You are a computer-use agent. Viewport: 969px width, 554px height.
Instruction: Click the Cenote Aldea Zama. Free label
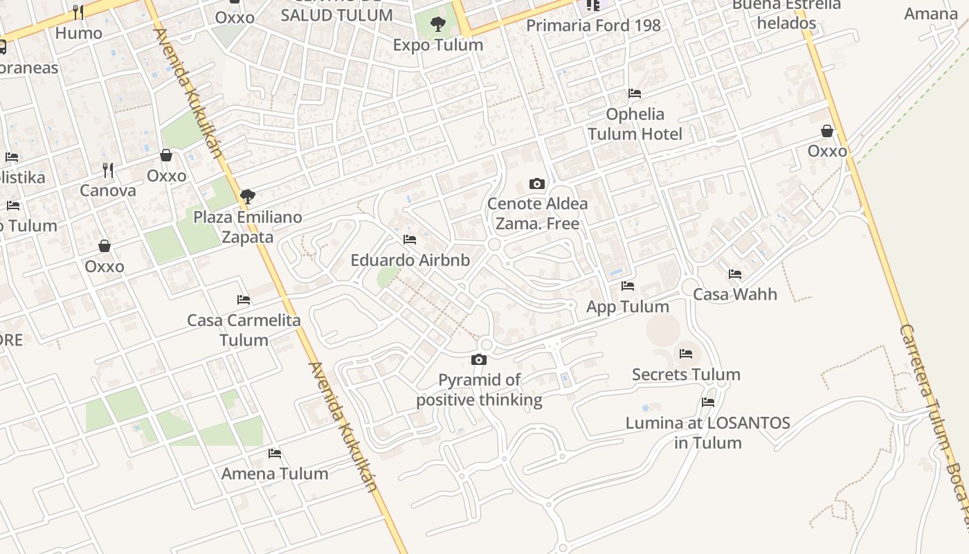pyautogui.click(x=537, y=213)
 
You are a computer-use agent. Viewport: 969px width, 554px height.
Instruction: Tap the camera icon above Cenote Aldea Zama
pyautogui.click(x=536, y=184)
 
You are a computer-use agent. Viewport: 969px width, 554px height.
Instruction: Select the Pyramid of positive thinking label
pyautogui.click(x=479, y=390)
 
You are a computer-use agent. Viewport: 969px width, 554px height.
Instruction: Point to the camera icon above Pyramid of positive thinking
pyautogui.click(x=478, y=359)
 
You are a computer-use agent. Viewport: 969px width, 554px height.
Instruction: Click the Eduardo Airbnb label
pyautogui.click(x=410, y=260)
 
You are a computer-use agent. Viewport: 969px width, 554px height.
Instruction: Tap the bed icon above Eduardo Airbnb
pyautogui.click(x=410, y=240)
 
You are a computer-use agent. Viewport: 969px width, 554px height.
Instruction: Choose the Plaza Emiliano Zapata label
pyautogui.click(x=247, y=227)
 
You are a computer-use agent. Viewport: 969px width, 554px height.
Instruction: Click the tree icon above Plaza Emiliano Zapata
pyautogui.click(x=247, y=196)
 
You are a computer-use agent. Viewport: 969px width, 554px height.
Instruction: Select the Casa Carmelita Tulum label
pyautogui.click(x=244, y=330)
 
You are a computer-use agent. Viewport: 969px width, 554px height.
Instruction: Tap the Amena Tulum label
pyautogui.click(x=275, y=474)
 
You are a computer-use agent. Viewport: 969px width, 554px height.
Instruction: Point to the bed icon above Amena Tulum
pyautogui.click(x=275, y=454)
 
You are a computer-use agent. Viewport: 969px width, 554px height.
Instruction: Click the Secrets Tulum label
pyautogui.click(x=686, y=375)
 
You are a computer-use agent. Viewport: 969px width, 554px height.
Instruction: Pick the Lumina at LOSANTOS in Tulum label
pyautogui.click(x=707, y=433)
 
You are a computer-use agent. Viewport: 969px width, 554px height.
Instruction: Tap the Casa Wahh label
pyautogui.click(x=735, y=294)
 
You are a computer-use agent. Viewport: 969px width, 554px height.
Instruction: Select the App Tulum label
pyautogui.click(x=628, y=307)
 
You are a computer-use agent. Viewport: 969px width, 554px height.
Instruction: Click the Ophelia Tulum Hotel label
pyautogui.click(x=635, y=124)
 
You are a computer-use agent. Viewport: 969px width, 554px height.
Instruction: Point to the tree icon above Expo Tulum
pyautogui.click(x=437, y=25)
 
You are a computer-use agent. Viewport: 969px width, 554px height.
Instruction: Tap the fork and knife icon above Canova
pyautogui.click(x=108, y=170)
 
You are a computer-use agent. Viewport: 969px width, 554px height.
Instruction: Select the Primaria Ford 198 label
pyautogui.click(x=593, y=26)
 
